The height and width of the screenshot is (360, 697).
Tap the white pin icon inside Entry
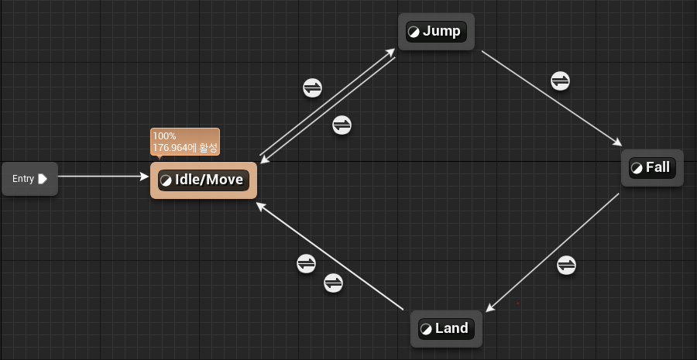coord(43,179)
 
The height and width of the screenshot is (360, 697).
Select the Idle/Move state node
coord(203,180)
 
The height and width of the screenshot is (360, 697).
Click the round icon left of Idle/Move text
coord(166,180)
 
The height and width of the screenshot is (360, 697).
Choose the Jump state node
coord(435,32)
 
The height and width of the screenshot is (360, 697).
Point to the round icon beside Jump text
coord(414,32)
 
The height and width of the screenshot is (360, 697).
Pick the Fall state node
coord(651,168)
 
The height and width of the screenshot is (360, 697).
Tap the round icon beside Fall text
coord(637,168)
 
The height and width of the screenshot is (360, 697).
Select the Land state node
coord(446,329)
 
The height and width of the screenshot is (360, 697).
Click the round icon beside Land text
coord(426,329)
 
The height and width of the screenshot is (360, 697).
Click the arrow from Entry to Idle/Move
coord(101,177)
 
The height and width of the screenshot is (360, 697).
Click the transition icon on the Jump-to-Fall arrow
coord(560,80)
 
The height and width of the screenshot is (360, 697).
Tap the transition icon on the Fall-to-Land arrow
coord(567,265)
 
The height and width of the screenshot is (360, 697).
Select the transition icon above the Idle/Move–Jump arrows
coord(312,87)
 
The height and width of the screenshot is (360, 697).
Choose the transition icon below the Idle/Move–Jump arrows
coord(342,124)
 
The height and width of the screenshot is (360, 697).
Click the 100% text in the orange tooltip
coord(164,136)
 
